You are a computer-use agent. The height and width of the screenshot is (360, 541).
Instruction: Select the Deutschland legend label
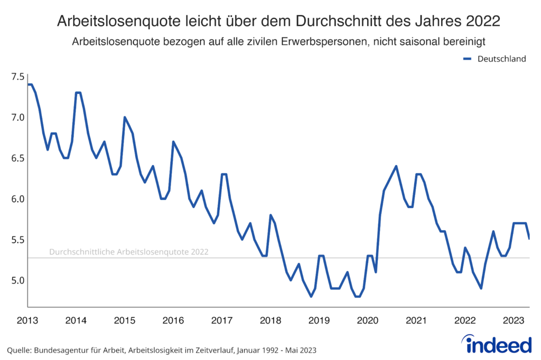pyautogui.click(x=501, y=59)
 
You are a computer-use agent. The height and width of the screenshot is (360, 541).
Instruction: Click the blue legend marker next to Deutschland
pyautogui.click(x=467, y=59)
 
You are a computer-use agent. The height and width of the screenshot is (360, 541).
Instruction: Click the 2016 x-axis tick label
pyautogui.click(x=173, y=320)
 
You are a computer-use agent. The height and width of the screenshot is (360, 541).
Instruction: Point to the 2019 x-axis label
pyautogui.click(x=319, y=320)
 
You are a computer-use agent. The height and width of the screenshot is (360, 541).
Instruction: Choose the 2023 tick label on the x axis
pyautogui.click(x=514, y=320)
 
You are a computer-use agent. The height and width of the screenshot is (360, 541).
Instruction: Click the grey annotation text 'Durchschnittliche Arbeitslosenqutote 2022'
pyautogui.click(x=128, y=252)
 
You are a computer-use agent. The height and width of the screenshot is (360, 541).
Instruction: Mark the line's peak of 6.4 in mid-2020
pyautogui.click(x=396, y=166)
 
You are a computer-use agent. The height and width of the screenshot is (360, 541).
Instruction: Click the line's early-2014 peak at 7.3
pyautogui.click(x=78, y=93)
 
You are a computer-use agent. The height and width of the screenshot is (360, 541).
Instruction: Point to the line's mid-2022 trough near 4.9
pyautogui.click(x=481, y=288)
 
